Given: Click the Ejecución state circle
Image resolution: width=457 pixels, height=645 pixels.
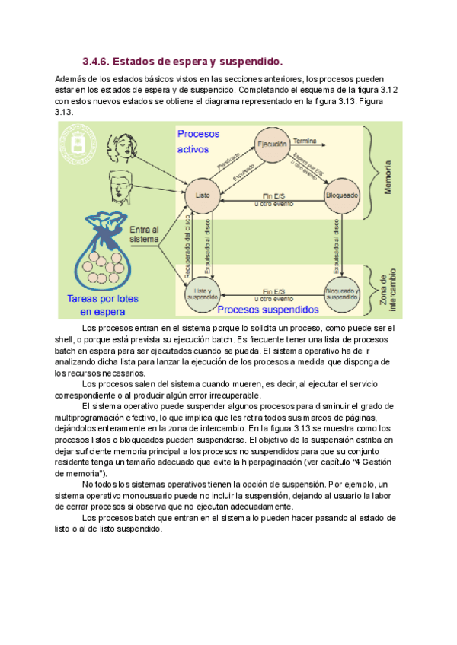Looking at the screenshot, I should point(272,144).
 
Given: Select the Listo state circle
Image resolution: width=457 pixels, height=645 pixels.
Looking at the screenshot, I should point(202,195).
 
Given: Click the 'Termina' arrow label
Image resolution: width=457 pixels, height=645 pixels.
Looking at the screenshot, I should point(305,141).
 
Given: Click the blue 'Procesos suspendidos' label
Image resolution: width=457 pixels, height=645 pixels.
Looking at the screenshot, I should point(268,310).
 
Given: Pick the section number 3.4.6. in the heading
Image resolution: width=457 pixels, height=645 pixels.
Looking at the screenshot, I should point(96,61).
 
